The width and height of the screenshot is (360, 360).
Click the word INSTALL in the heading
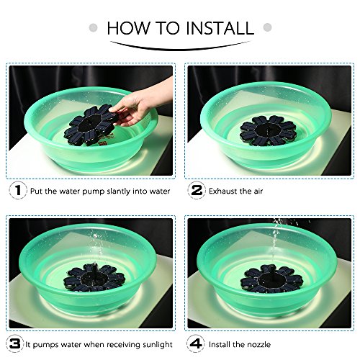(x=220, y=28)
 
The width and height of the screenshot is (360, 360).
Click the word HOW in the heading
(x=128, y=28)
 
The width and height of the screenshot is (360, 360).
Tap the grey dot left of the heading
(x=94, y=27)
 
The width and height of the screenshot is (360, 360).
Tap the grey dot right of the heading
(x=267, y=27)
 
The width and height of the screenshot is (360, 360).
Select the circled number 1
(x=18, y=190)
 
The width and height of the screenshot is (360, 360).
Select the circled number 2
(x=197, y=190)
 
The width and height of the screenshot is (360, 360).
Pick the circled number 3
(x=15, y=344)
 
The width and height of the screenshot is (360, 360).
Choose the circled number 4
(x=196, y=344)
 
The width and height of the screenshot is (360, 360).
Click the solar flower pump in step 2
(x=268, y=130)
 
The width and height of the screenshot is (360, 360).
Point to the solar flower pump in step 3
(x=94, y=278)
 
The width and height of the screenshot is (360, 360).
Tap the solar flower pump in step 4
(x=271, y=279)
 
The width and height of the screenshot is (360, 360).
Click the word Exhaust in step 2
(x=223, y=191)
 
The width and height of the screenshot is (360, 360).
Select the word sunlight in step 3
(x=158, y=345)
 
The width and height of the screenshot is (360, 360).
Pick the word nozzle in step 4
(x=258, y=345)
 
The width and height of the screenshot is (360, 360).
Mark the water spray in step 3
(x=97, y=247)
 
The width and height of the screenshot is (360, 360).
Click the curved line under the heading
(x=180, y=49)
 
